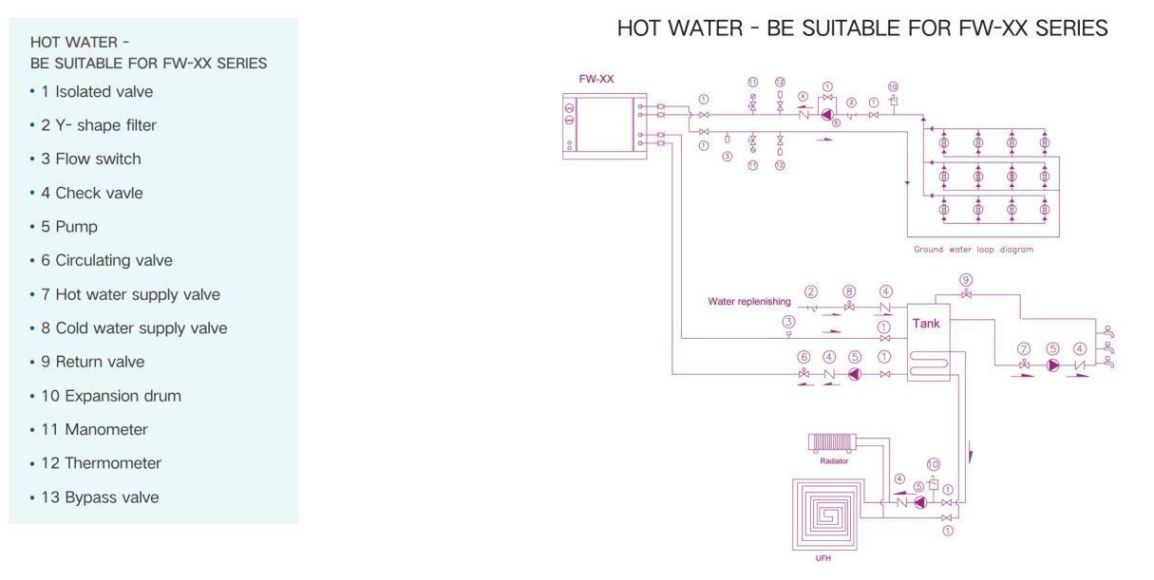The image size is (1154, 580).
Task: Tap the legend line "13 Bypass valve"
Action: pyautogui.click(x=107, y=497)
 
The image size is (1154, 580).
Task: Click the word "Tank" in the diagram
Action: pyautogui.click(x=926, y=324)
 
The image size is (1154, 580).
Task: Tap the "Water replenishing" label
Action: pyautogui.click(x=749, y=302)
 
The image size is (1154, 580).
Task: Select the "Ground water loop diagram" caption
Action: pyautogui.click(x=973, y=250)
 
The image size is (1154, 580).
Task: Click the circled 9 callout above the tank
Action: pyautogui.click(x=965, y=279)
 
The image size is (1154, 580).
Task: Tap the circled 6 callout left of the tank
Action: pyautogui.click(x=804, y=357)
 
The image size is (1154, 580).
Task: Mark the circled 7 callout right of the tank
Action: pyautogui.click(x=1024, y=348)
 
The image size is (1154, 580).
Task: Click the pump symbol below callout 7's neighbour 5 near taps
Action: pyautogui.click(x=1052, y=365)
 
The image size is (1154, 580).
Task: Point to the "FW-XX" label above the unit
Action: pyautogui.click(x=596, y=79)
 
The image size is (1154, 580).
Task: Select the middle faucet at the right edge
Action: pyautogui.click(x=1105, y=348)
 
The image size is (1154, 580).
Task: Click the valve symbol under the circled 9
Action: pyautogui.click(x=965, y=295)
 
